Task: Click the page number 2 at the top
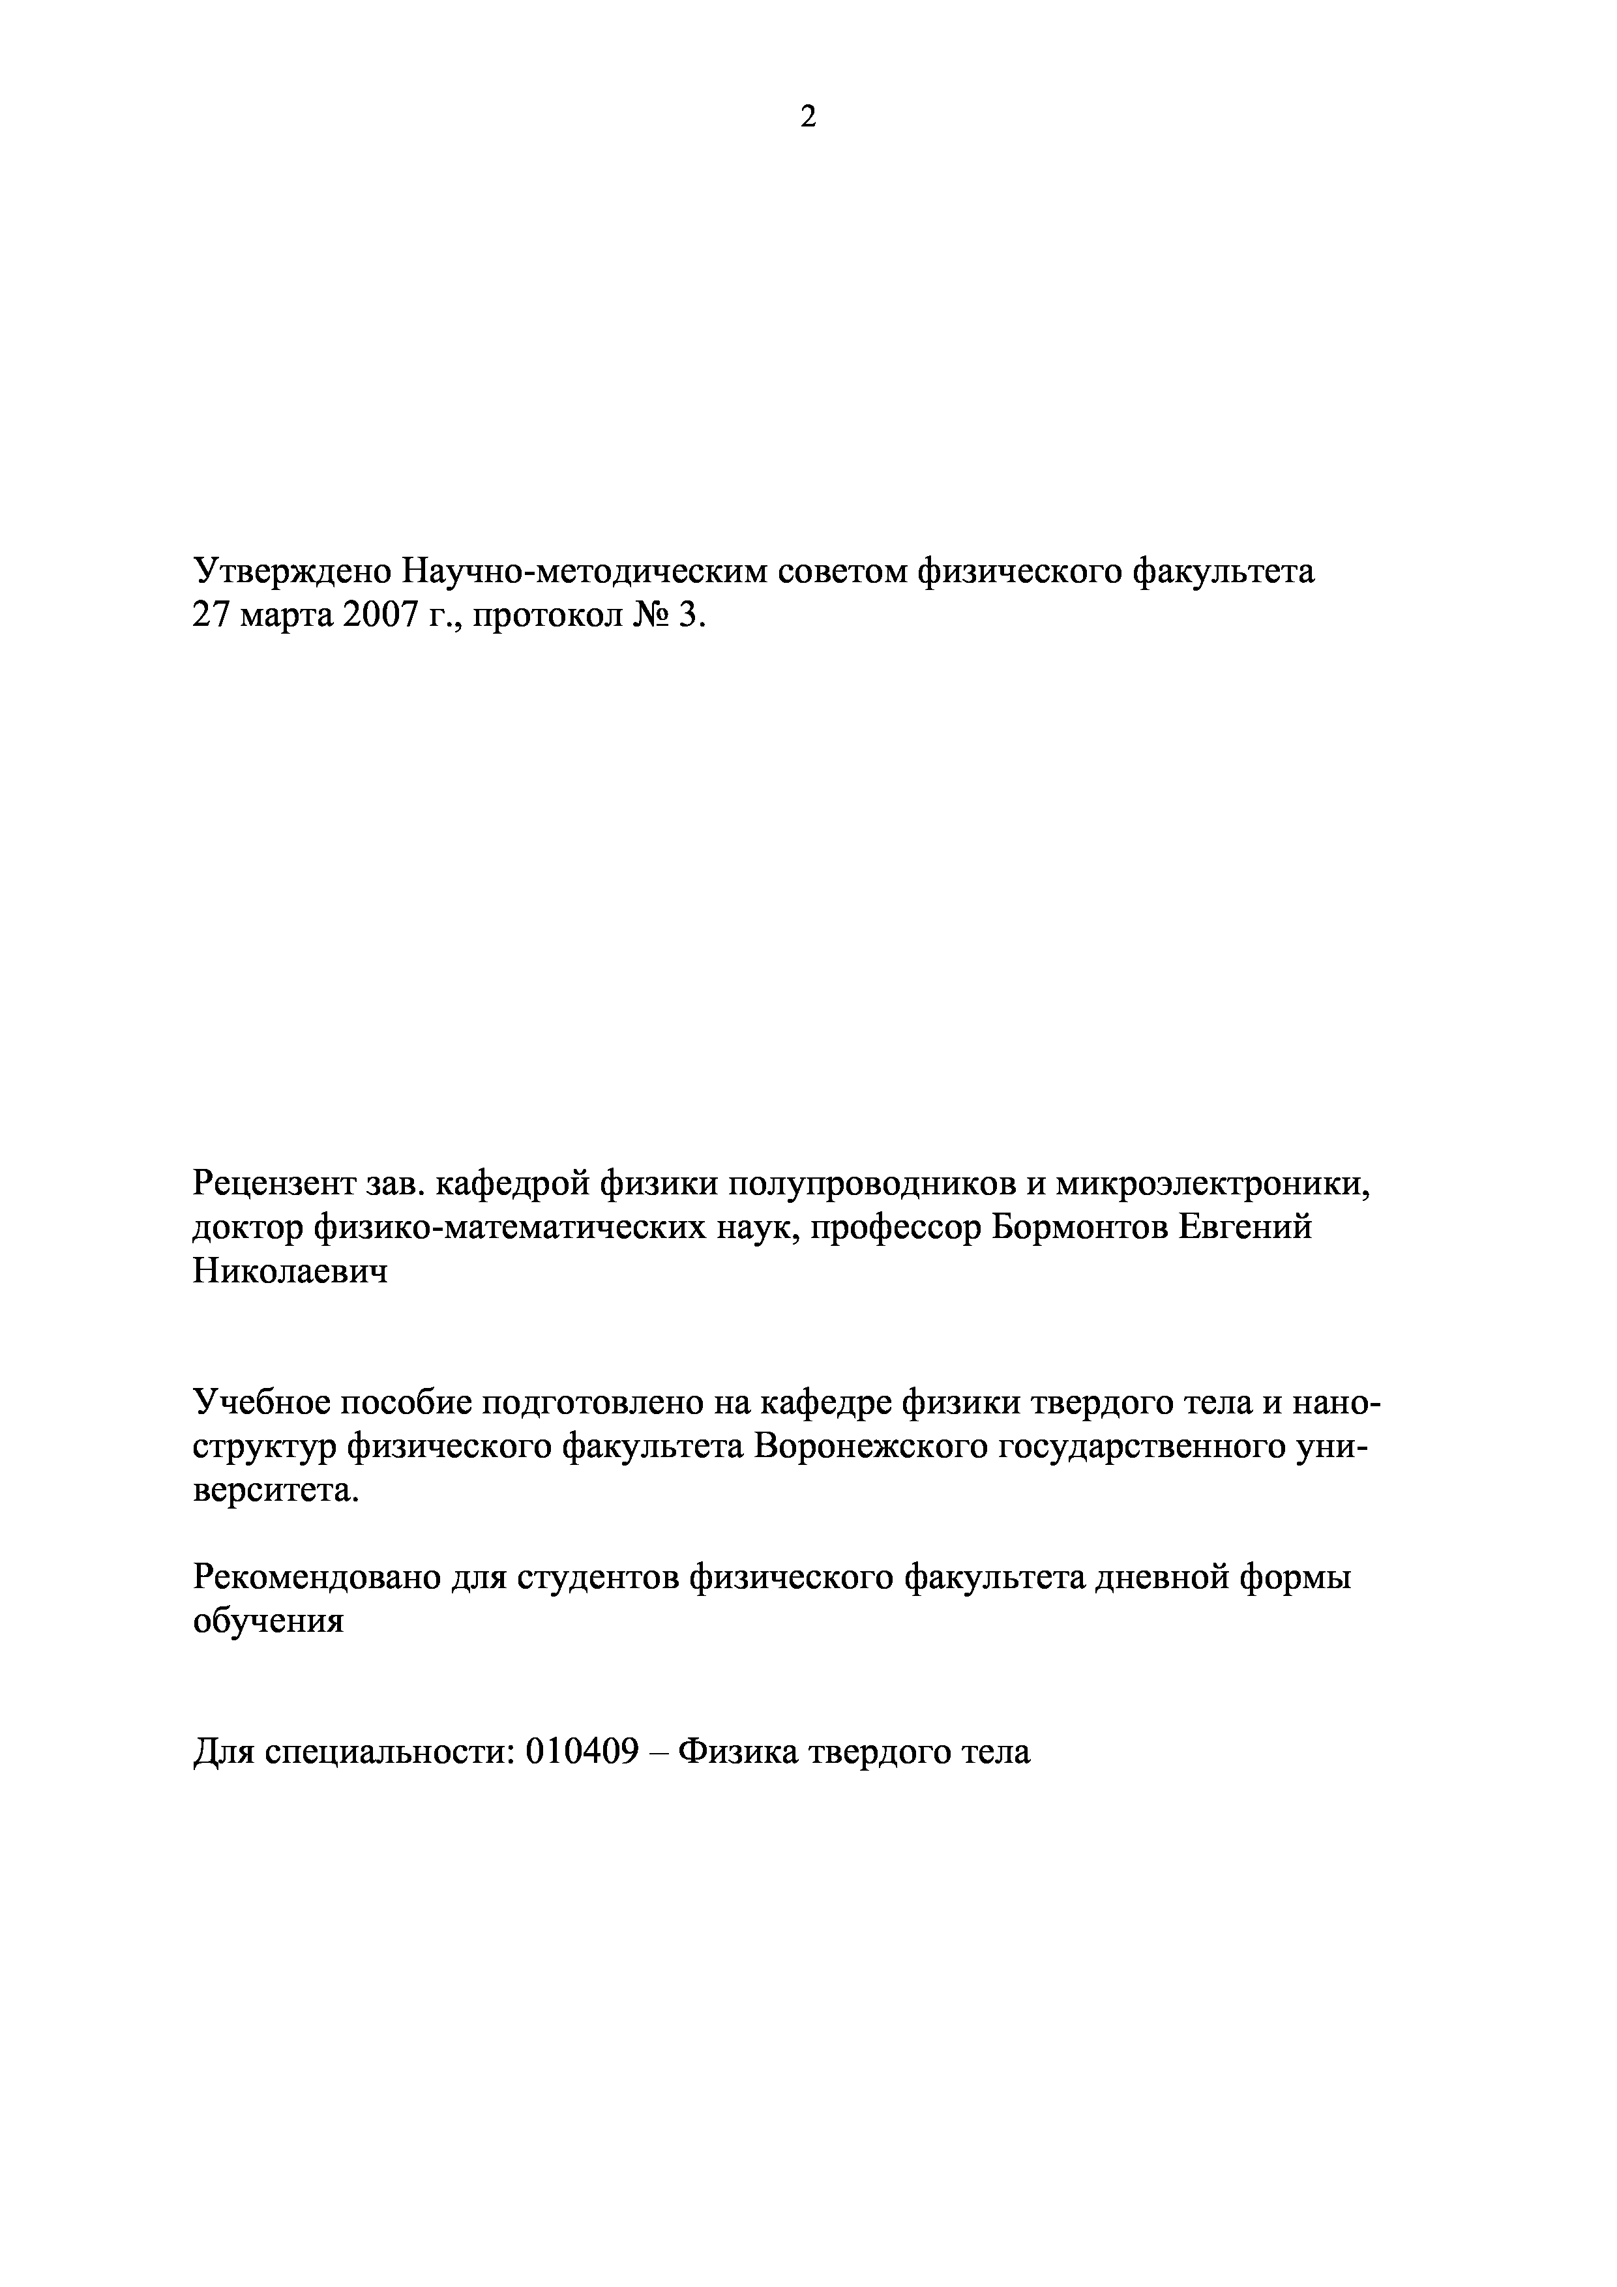pos(808,117)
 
